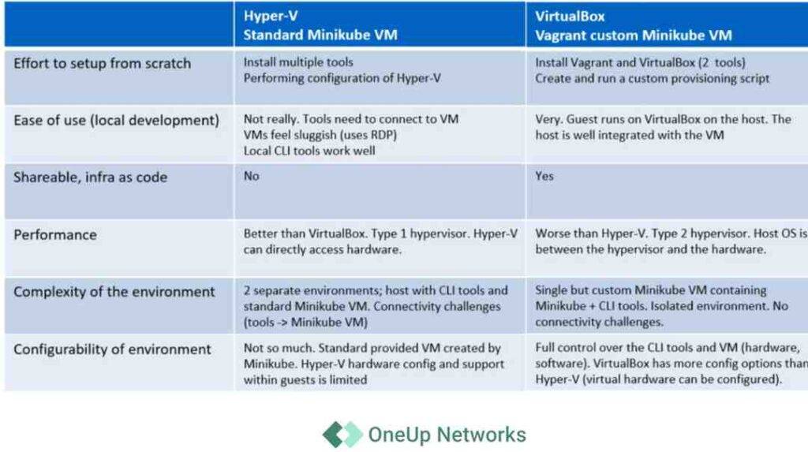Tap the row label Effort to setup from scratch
pos(102,63)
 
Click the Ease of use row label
pos(117,121)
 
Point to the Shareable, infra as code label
pos(90,177)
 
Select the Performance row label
pos(55,235)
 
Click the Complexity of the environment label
pos(114,292)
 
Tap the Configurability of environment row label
pos(112,349)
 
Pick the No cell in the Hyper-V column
pos(252,176)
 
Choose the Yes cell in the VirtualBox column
pos(544,176)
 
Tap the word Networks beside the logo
pos(481,435)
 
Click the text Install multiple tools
pos(298,62)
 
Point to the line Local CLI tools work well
pos(309,151)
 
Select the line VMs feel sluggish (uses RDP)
pos(320,135)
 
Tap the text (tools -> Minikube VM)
pos(305,322)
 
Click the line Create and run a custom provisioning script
pos(652,78)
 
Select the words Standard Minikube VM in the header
pos(320,35)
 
